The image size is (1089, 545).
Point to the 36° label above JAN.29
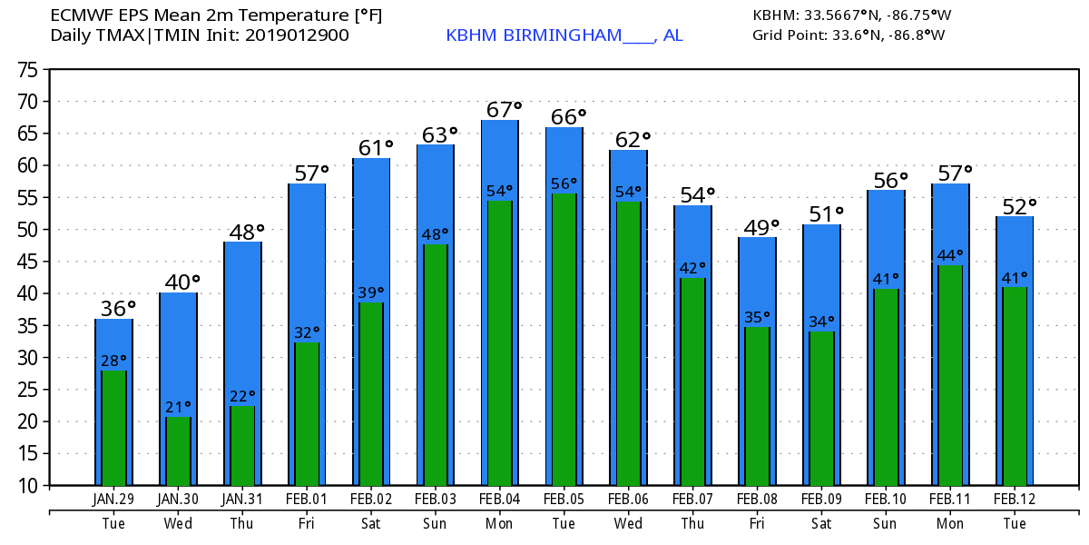coord(118,309)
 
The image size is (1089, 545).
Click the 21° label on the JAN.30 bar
coord(178,405)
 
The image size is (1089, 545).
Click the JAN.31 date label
coord(241,500)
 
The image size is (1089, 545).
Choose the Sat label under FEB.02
coord(370,523)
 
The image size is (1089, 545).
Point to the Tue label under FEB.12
coord(1015,523)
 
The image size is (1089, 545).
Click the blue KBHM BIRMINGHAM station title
coord(564,35)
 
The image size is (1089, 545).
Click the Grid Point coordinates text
coord(849,35)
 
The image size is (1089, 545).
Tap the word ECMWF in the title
coord(78,15)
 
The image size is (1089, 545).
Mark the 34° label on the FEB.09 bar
coord(821,321)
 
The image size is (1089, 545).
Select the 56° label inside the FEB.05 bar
coord(564,183)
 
